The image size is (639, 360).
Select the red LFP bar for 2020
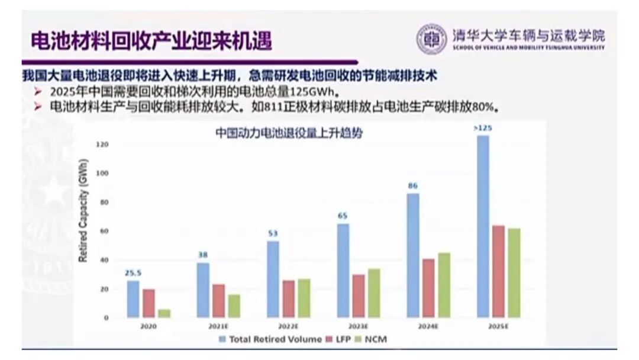point(149,303)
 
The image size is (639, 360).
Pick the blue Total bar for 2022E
point(273,279)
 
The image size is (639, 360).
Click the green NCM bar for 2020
point(164,313)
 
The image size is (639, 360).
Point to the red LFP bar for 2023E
point(359,295)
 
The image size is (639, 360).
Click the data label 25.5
point(133,273)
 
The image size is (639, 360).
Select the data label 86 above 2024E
point(413,186)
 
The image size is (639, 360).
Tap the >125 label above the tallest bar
point(483,128)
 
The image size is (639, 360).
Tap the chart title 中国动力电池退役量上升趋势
point(288,134)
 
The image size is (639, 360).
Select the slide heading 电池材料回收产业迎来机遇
point(151,41)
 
